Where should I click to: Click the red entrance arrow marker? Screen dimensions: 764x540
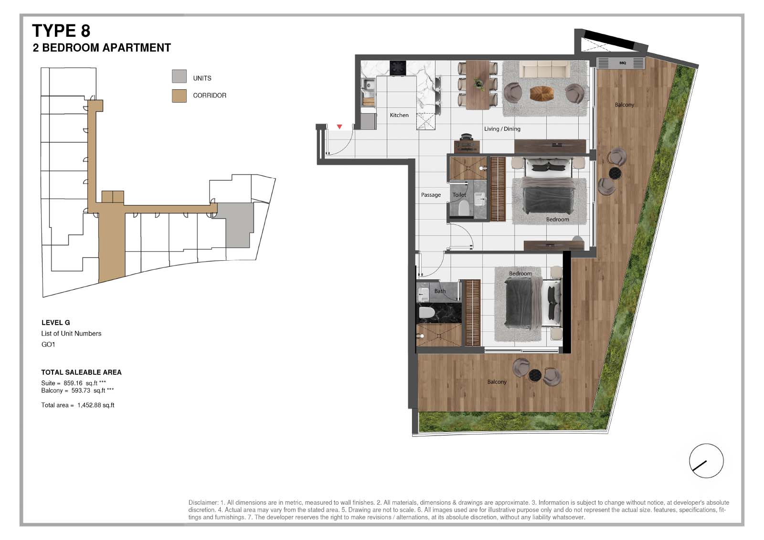(x=340, y=127)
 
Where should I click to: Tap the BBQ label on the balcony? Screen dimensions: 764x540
(x=623, y=63)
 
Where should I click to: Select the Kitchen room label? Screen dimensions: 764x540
(x=399, y=115)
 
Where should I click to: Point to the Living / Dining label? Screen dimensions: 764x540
(x=502, y=129)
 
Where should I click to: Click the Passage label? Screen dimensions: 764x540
(x=431, y=195)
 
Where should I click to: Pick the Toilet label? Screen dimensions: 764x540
(x=459, y=195)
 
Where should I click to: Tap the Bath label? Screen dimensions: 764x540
(x=440, y=291)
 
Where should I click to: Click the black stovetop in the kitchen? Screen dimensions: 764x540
(x=398, y=68)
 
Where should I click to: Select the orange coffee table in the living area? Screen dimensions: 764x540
(x=541, y=94)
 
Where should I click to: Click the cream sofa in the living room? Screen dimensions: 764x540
(x=544, y=70)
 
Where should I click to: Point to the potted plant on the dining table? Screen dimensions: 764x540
(x=478, y=83)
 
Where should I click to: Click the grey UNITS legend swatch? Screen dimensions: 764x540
(x=179, y=76)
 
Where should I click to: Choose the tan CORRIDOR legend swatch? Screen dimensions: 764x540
(x=179, y=96)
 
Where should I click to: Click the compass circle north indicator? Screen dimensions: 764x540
(x=706, y=461)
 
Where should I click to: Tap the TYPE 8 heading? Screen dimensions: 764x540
(x=61, y=31)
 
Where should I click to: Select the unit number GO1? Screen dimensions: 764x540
(x=48, y=345)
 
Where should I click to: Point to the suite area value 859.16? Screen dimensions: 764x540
(x=73, y=383)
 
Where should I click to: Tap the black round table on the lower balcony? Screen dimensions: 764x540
(x=534, y=375)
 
